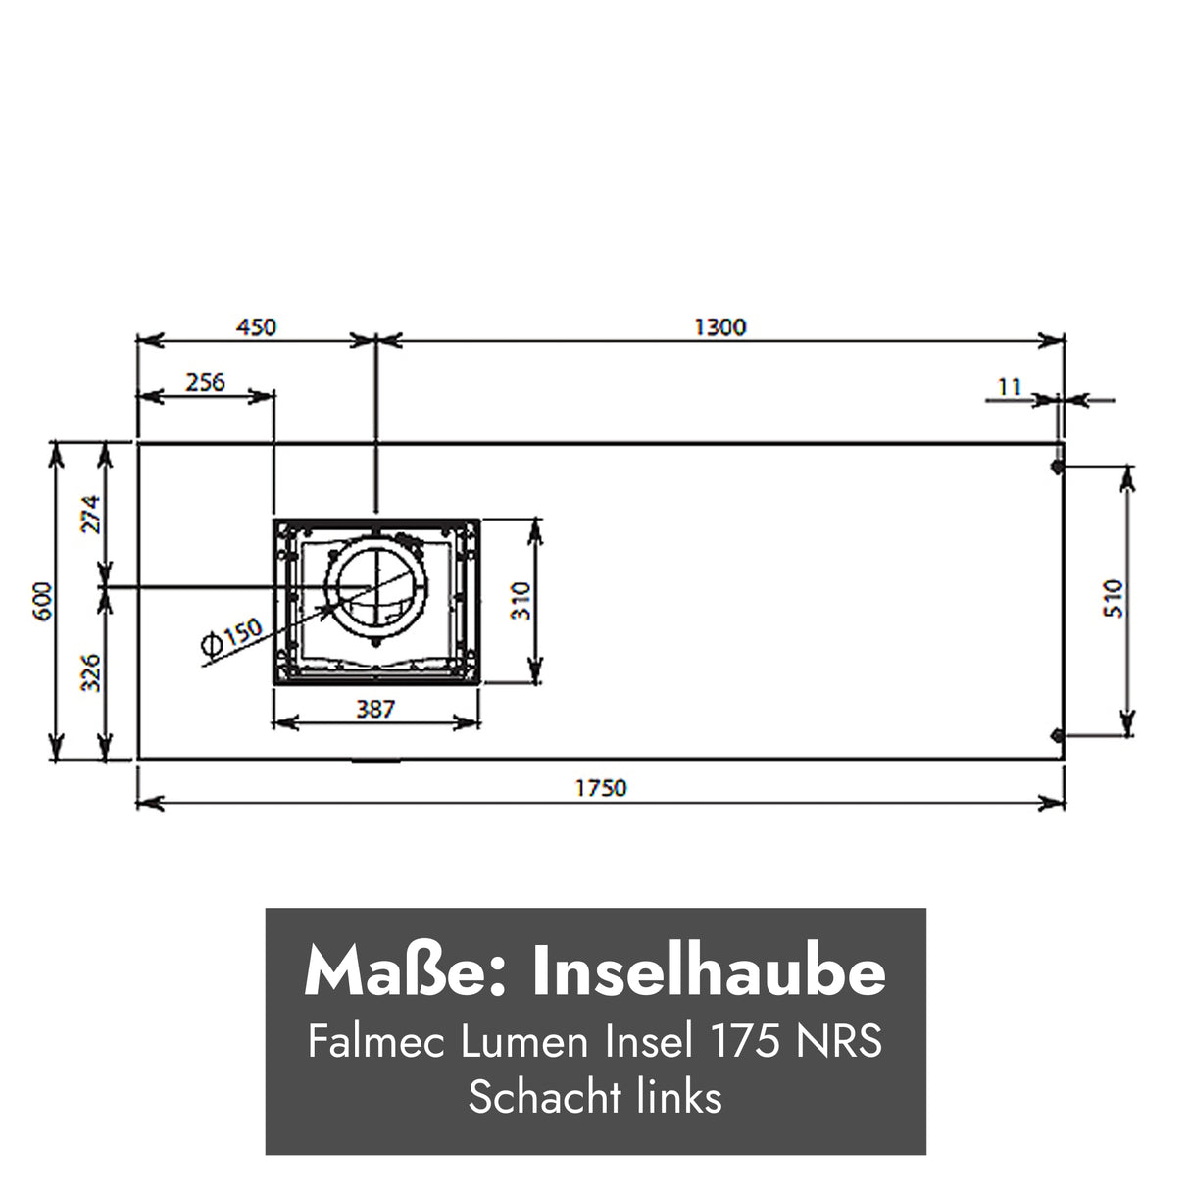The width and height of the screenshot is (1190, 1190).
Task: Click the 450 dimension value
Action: (x=257, y=326)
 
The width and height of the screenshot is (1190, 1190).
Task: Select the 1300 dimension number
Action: (x=719, y=326)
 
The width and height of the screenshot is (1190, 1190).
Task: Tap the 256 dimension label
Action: (x=205, y=381)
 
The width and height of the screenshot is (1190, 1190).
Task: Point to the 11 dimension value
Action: (x=1009, y=387)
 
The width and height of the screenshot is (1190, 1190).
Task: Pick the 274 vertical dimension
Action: (x=90, y=514)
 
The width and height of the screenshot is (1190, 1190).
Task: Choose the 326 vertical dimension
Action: (x=90, y=673)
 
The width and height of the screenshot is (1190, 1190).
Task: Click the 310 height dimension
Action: (x=520, y=601)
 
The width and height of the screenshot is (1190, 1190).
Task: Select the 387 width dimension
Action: (x=375, y=708)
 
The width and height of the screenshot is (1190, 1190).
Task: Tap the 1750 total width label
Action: (x=600, y=787)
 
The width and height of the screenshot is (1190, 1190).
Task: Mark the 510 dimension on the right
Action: (x=1114, y=599)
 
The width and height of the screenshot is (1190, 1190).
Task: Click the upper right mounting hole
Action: (x=1056, y=468)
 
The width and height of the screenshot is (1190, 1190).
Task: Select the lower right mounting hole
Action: (x=1056, y=735)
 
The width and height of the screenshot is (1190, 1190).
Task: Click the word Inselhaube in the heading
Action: (x=709, y=972)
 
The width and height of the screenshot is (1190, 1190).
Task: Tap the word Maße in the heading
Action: (x=404, y=972)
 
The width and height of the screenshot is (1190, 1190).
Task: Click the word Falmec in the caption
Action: (x=377, y=1041)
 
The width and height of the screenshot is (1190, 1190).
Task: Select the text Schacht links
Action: (x=595, y=1097)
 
